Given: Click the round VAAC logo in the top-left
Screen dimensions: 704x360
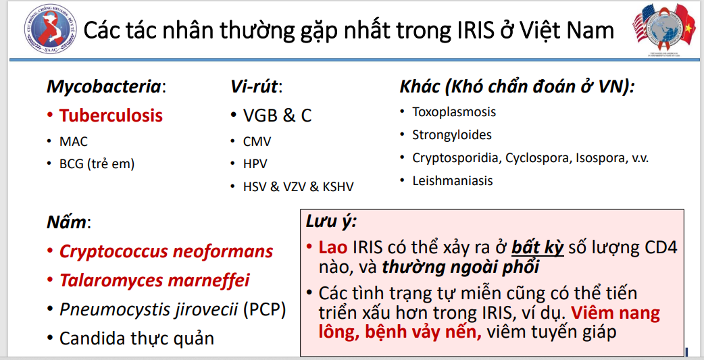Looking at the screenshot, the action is (50, 29).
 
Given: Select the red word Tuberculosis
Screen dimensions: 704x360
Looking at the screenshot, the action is (111, 115).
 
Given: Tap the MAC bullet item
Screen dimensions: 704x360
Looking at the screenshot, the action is (74, 141).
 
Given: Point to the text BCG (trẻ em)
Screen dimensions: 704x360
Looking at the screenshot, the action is (97, 164).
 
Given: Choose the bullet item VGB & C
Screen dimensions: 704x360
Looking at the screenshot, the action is (277, 115).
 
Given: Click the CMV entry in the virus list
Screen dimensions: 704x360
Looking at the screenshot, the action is (257, 142).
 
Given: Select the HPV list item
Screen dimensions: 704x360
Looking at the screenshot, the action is (255, 164).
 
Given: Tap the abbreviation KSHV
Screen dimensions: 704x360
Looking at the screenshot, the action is (338, 186).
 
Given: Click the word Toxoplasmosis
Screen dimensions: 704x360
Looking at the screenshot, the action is (454, 111).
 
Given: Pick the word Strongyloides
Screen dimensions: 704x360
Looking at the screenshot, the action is (452, 135).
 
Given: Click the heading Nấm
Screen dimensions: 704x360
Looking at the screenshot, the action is (69, 222).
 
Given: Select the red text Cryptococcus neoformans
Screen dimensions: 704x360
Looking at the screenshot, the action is (166, 251).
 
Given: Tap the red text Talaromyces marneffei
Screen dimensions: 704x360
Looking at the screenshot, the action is (155, 280).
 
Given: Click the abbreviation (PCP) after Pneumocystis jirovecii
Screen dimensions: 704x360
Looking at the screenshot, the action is (264, 310).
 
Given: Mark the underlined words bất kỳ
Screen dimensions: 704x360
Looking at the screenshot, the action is (537, 247).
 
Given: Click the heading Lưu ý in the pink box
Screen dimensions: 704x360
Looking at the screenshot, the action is (331, 222).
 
